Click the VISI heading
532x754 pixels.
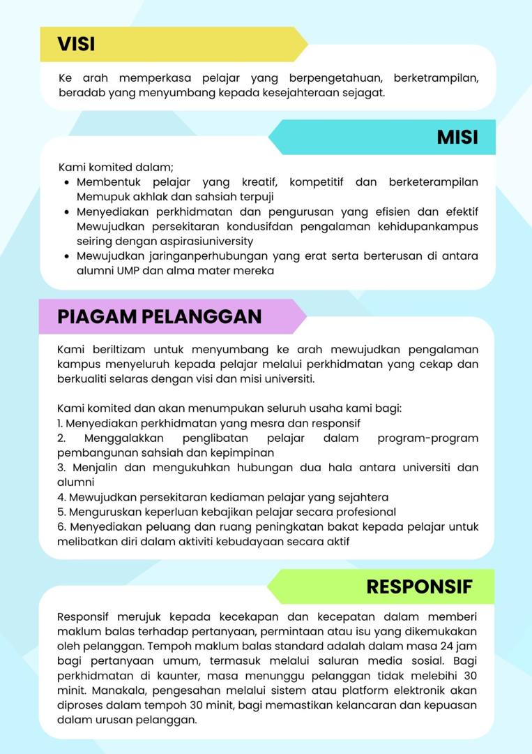tap(76, 44)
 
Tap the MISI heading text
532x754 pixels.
tap(457, 137)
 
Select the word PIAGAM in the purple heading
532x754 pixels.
tap(96, 316)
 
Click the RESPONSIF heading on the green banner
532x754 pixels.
tap(419, 586)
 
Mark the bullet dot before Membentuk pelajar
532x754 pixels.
tap(66, 182)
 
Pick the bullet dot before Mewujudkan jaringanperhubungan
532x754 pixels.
tap(66, 256)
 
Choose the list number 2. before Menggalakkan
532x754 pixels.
tap(61, 438)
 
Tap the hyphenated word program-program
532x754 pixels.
tap(427, 438)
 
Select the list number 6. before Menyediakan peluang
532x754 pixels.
tap(61, 526)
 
